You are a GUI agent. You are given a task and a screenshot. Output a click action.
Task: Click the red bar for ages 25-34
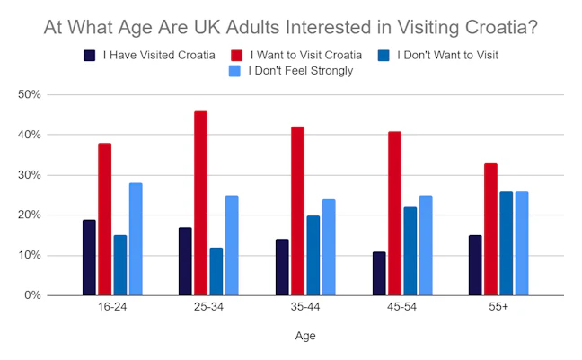click(201, 204)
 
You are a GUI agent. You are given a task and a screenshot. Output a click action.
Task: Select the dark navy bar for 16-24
click(89, 258)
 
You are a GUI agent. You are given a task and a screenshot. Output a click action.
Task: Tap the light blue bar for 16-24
click(136, 239)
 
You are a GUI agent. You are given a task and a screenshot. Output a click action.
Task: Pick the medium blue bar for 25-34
click(216, 272)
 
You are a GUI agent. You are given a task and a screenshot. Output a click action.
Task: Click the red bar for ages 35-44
click(297, 211)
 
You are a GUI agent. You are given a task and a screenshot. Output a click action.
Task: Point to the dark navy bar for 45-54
click(379, 274)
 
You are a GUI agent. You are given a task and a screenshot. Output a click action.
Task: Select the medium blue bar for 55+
click(506, 243)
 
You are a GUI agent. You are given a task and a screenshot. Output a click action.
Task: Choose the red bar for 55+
click(490, 229)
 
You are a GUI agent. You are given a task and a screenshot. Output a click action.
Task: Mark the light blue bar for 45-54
click(426, 245)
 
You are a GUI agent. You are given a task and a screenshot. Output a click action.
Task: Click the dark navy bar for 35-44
click(282, 268)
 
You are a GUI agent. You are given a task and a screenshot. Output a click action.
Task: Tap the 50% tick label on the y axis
click(30, 94)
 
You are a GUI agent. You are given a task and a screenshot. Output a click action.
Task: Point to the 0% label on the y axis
click(32, 295)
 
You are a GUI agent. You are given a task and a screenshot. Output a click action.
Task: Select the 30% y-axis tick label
click(30, 175)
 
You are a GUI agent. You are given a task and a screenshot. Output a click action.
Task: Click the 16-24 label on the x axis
click(112, 307)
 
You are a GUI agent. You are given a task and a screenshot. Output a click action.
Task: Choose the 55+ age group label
click(498, 307)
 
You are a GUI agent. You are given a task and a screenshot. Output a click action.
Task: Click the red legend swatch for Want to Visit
click(236, 56)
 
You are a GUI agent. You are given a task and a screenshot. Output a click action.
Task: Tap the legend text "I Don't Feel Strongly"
click(301, 71)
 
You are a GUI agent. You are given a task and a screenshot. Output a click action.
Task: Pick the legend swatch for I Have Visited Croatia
click(90, 56)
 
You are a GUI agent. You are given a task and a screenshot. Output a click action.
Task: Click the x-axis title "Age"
click(305, 336)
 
